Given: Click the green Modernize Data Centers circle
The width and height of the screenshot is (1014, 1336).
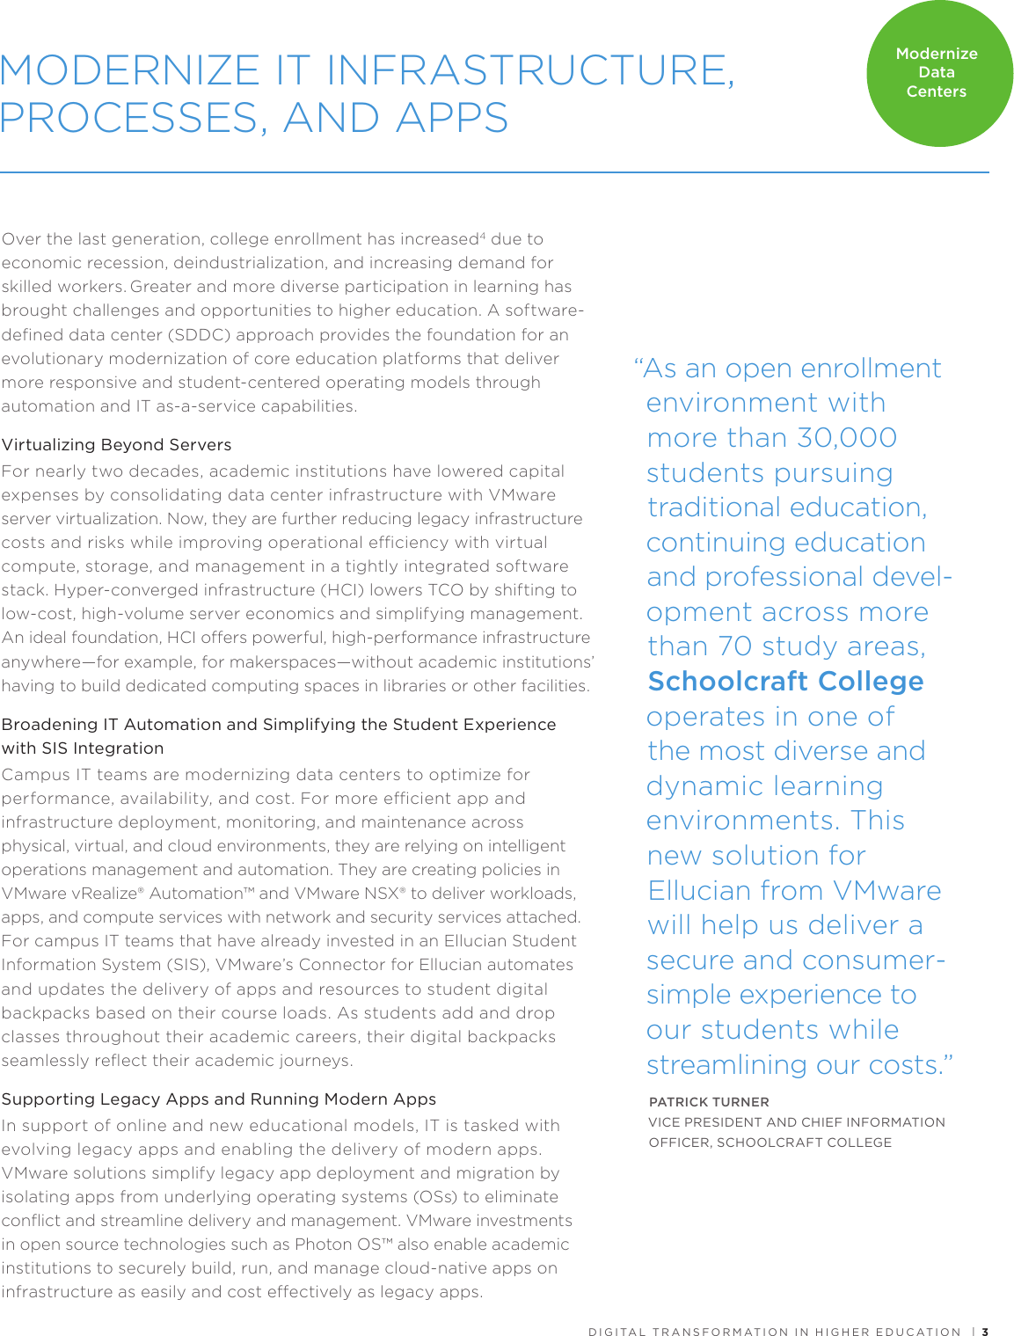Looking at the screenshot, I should coord(938,73).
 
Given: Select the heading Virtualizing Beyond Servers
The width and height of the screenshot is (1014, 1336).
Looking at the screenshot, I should coord(117,445).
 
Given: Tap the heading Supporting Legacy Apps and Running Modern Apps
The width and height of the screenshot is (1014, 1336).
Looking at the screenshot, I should coord(219,1099).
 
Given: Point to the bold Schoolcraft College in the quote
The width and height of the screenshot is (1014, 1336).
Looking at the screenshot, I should coord(785,682).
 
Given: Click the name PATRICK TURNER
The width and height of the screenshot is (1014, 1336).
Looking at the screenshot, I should coord(709,1102).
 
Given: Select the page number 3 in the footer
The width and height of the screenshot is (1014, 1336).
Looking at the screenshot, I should coord(985,1332).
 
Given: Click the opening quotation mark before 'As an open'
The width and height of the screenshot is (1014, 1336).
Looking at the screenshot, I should coord(638,365).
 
